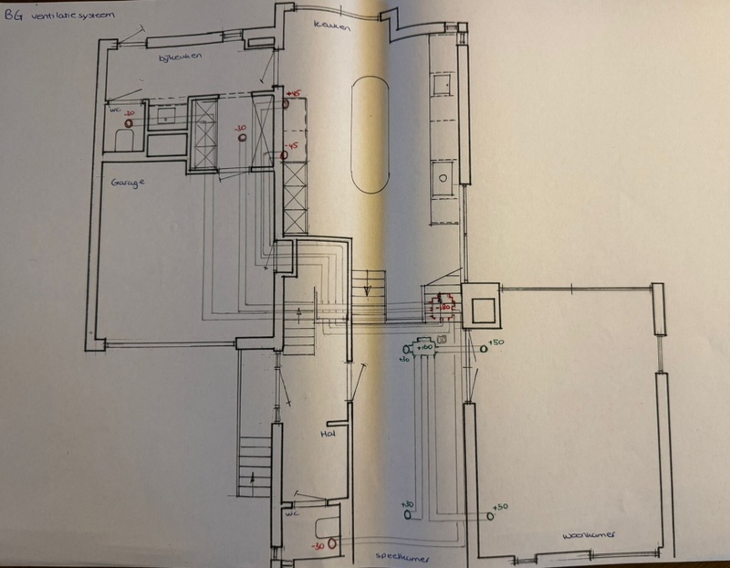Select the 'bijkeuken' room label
[180, 58]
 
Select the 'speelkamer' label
[401, 555]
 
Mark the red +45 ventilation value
[293, 93]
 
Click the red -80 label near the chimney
[446, 308]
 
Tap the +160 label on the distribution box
[424, 347]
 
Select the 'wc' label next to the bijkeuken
[115, 108]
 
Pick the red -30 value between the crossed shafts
[240, 128]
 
